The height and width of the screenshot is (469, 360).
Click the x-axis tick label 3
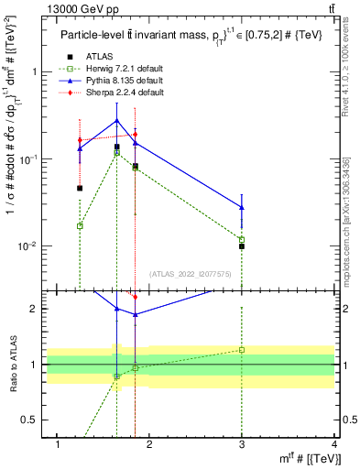pos(242,444)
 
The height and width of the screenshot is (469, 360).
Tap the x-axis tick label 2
pos(149,444)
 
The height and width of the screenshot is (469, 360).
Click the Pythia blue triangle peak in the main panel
pos(116,120)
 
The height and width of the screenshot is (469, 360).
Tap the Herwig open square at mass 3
pos(242,240)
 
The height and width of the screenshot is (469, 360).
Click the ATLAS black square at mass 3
pos(242,246)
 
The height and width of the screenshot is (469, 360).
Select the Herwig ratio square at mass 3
pos(242,350)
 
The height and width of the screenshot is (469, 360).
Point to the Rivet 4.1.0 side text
pos(347,69)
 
